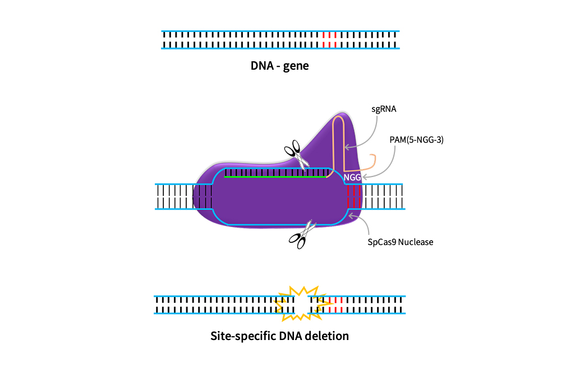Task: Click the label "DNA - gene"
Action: click(279, 66)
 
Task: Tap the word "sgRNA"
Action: click(384, 109)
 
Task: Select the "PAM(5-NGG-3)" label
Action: click(416, 140)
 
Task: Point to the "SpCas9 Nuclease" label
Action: click(401, 242)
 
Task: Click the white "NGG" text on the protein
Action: click(352, 178)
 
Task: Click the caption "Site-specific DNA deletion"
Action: click(279, 336)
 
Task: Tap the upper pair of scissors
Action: click(297, 154)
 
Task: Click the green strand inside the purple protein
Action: click(275, 176)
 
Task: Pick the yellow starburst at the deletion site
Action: click(303, 303)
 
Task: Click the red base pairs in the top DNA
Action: click(329, 40)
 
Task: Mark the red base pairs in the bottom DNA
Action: click(335, 305)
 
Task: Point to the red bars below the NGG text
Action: click(353, 196)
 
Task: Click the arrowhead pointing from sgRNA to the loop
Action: click(347, 147)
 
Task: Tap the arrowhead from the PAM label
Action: click(365, 177)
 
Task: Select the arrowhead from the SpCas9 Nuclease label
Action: click(351, 215)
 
